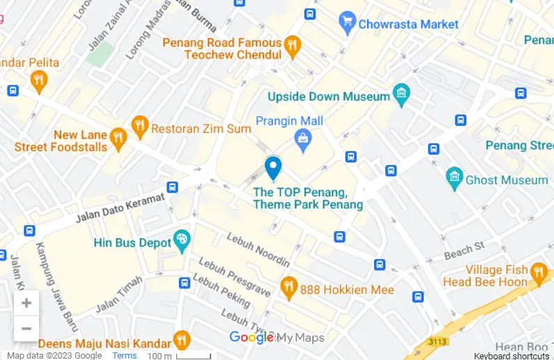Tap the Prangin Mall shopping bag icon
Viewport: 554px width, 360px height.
[x=303, y=140]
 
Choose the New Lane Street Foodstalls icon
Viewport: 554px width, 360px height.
[x=118, y=139]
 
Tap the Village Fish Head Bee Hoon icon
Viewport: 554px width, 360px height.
[x=538, y=272]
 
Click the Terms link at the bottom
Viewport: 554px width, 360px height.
[x=125, y=356]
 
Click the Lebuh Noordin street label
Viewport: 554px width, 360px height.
[x=258, y=249]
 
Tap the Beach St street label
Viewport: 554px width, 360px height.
[x=464, y=251]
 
